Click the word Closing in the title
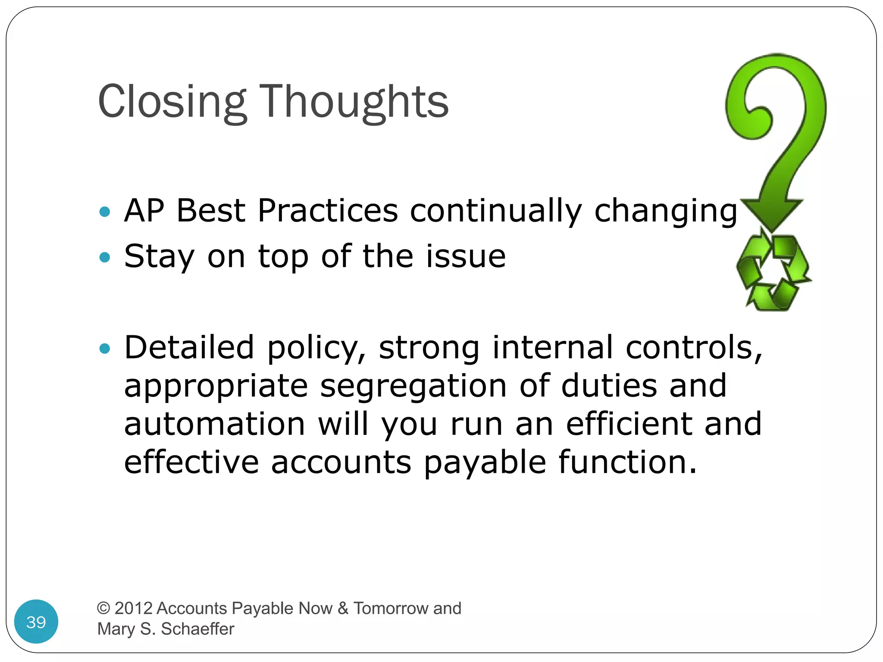tap(172, 102)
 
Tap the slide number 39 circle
tap(36, 621)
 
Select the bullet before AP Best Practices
tap(105, 212)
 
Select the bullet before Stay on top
tap(105, 257)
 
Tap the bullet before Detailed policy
tap(105, 348)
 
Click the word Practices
tap(328, 211)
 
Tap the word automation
tap(215, 424)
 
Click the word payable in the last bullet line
tap(485, 463)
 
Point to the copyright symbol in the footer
tap(103, 608)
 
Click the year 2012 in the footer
tap(134, 608)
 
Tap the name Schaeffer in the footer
tap(197, 629)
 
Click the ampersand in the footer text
tap(343, 608)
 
